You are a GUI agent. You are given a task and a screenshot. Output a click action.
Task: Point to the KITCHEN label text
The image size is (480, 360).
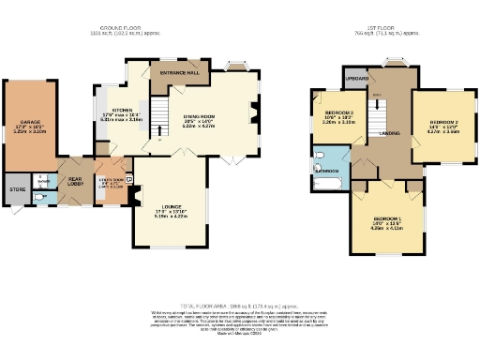[x=120, y=110]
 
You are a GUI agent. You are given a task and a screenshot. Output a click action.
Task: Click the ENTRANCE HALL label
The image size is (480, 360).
[x=177, y=72]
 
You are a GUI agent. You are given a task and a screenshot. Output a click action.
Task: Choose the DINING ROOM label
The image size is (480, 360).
[x=199, y=115]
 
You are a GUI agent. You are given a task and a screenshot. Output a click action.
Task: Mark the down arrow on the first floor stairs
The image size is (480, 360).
[x=376, y=96]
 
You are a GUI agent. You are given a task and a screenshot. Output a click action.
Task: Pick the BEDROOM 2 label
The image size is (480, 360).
[x=443, y=123]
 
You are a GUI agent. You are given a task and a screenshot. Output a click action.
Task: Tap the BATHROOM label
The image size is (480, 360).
[x=326, y=172]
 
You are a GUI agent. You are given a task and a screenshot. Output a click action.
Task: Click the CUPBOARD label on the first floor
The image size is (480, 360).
[x=356, y=79]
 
